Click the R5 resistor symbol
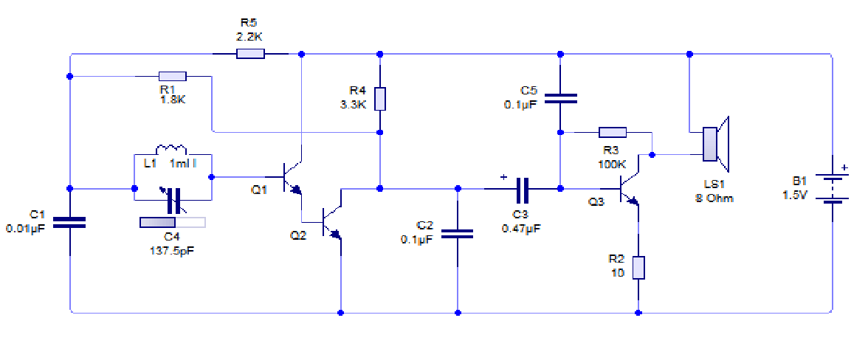coord(250,53)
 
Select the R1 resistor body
coord(173,75)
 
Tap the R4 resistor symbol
coord(380,99)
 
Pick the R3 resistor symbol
coord(612,133)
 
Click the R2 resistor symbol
coord(638,267)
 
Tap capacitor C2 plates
coord(457,234)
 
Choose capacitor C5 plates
coord(560,99)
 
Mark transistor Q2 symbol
coord(332,222)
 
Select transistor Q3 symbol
coord(630,187)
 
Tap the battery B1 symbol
coord(832,189)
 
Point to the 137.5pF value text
coord(171,249)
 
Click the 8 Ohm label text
coord(714,198)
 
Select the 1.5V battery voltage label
coord(797,195)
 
